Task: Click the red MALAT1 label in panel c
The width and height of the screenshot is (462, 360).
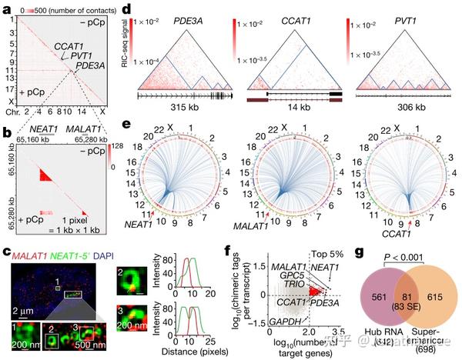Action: [x=26, y=252]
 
